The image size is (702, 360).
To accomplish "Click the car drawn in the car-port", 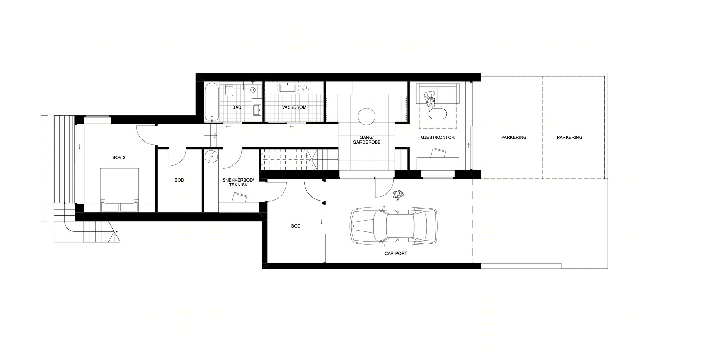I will [x=393, y=226].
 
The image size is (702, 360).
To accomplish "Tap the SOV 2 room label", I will [x=119, y=158].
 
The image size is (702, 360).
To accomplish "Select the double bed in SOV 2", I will [x=119, y=190].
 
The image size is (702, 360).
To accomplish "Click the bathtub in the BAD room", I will [x=212, y=102].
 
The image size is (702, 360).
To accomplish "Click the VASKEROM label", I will [x=294, y=107].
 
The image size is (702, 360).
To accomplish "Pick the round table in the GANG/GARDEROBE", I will [x=366, y=116].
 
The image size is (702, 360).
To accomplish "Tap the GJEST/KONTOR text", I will [x=437, y=137].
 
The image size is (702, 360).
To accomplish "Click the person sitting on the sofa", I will [x=429, y=99].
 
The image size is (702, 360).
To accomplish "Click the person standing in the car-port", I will [x=398, y=195].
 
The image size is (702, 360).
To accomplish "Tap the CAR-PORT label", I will [x=396, y=253].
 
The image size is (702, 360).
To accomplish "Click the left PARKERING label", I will [x=514, y=137].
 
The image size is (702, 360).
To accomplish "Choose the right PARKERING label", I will [x=569, y=137].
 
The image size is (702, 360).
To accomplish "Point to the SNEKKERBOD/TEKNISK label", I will [x=238, y=182].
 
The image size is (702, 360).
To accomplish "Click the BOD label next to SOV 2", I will [x=179, y=180].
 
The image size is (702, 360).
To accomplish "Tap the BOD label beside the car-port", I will [x=296, y=226].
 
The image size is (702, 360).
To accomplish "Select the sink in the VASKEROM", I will [x=288, y=87].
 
